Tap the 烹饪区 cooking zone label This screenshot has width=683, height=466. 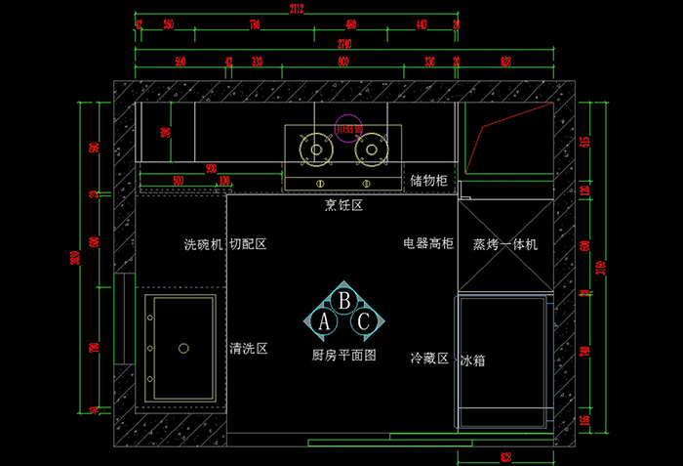[x=343, y=205]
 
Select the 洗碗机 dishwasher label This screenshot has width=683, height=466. [x=204, y=243]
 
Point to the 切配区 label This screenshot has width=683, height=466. [x=248, y=243]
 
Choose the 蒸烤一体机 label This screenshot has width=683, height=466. [x=505, y=244]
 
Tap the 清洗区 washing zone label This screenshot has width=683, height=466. [x=248, y=348]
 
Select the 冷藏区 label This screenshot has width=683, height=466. [x=429, y=359]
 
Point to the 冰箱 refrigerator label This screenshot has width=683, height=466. [x=472, y=360]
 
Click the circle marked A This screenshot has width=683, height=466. [x=324, y=320]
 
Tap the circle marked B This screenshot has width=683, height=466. [x=343, y=299]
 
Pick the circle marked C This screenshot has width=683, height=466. [x=363, y=320]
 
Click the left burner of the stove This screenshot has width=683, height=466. [x=316, y=148]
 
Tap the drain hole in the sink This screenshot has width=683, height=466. [x=182, y=347]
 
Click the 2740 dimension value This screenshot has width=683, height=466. [x=343, y=44]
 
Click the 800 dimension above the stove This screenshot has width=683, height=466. [x=343, y=62]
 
